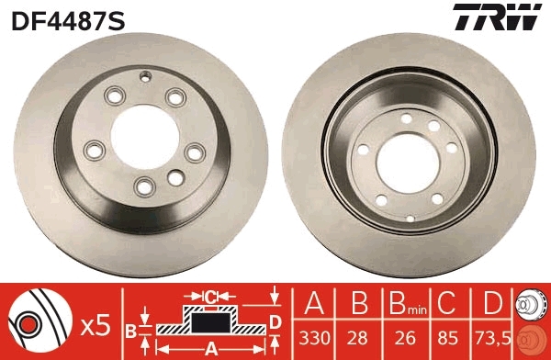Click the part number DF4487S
[67, 17]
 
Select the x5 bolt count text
[95, 323]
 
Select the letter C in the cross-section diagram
[209, 297]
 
